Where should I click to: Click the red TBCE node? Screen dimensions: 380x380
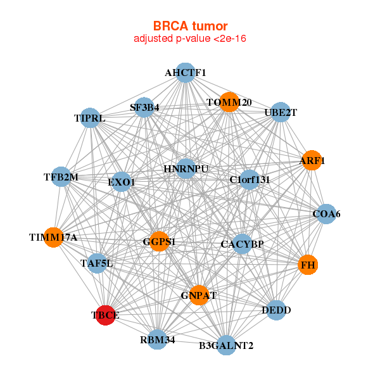(x=105, y=315)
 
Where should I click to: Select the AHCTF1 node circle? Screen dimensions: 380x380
(x=186, y=73)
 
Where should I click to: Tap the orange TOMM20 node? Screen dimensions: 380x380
(x=229, y=102)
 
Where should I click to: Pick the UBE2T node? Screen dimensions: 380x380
(x=281, y=112)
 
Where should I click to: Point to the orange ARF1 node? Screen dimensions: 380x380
(x=312, y=160)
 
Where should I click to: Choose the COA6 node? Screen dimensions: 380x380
(x=326, y=214)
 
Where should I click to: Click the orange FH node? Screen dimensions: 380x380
(x=308, y=265)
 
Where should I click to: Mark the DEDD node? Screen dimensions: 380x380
(x=276, y=310)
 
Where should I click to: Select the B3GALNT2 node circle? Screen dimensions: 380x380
(x=226, y=345)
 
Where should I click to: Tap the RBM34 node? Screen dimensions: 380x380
(x=158, y=339)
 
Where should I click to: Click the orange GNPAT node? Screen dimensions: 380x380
(x=199, y=295)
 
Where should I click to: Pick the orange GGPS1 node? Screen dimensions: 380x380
(x=159, y=241)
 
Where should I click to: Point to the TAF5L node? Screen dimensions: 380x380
(x=97, y=263)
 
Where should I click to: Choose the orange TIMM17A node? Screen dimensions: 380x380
(x=54, y=237)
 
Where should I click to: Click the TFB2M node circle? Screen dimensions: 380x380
(x=61, y=177)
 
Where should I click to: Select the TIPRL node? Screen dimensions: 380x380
(x=90, y=118)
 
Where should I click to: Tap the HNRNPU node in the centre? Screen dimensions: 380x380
(x=186, y=168)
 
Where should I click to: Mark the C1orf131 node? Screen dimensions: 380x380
(x=250, y=180)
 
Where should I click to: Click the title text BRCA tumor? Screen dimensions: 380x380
(x=190, y=26)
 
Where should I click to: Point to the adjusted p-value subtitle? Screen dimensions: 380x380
(x=190, y=39)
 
